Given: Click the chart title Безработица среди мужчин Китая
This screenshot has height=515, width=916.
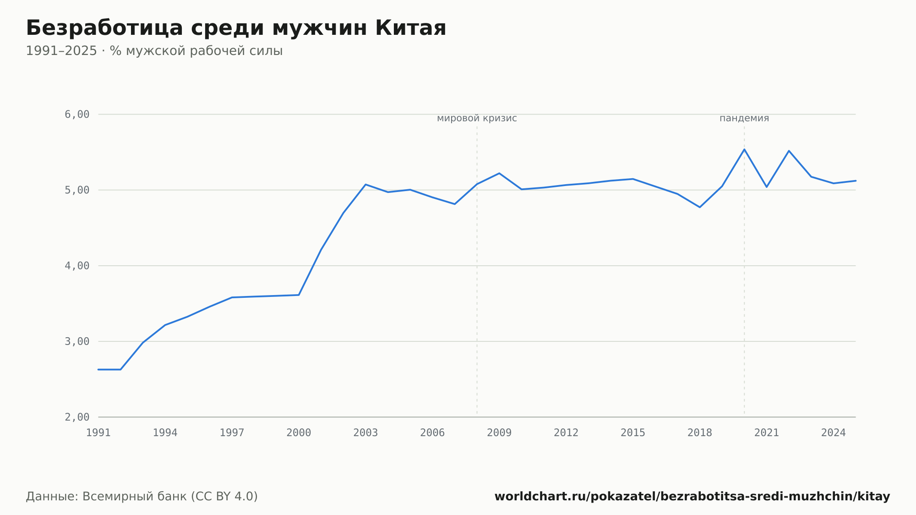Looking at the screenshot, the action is pyautogui.click(x=236, y=28).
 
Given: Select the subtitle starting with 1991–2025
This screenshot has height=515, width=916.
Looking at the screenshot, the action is pyautogui.click(x=154, y=51).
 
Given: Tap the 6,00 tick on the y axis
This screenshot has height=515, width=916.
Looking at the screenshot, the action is pyautogui.click(x=77, y=114).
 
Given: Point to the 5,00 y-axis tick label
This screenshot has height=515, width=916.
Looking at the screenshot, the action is pyautogui.click(x=77, y=190).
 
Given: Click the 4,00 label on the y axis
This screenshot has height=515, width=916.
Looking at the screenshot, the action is pyautogui.click(x=77, y=266).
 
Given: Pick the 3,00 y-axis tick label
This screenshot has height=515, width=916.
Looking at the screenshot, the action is pyautogui.click(x=77, y=341).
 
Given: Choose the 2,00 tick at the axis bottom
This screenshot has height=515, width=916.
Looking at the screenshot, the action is pyautogui.click(x=77, y=417).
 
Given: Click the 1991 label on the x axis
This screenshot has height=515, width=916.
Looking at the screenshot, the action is pyautogui.click(x=98, y=433).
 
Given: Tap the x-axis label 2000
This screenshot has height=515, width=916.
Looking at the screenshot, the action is pyautogui.click(x=299, y=433).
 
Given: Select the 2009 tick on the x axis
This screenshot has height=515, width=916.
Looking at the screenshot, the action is pyautogui.click(x=499, y=433).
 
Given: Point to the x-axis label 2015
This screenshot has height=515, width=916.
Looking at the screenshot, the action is pyautogui.click(x=633, y=433).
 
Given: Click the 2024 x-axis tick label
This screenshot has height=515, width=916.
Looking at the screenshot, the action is pyautogui.click(x=834, y=433).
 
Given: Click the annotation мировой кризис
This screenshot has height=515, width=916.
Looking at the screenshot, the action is pyautogui.click(x=477, y=118).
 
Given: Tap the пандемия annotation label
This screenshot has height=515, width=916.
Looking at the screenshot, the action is pyautogui.click(x=744, y=118).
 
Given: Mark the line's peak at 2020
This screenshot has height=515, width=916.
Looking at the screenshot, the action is pyautogui.click(x=744, y=149).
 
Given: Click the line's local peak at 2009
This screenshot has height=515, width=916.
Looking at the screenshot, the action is pyautogui.click(x=499, y=173).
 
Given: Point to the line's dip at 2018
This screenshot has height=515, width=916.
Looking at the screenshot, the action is pyautogui.click(x=700, y=207).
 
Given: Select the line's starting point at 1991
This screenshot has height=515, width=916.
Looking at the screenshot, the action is pyautogui.click(x=98, y=369).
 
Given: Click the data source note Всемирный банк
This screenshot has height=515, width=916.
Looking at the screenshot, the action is pyautogui.click(x=142, y=497).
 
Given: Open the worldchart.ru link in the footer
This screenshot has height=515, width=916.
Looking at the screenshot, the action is pyautogui.click(x=692, y=497).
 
